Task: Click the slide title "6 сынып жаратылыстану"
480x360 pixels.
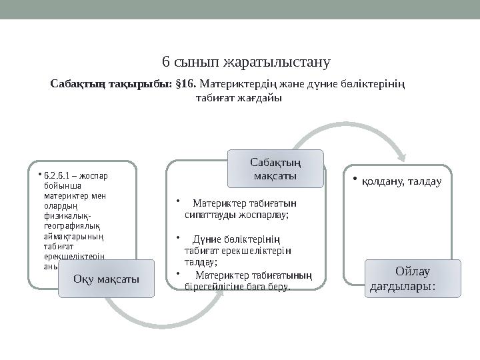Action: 247,63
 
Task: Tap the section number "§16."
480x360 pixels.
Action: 185,85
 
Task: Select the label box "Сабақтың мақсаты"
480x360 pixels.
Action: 276,169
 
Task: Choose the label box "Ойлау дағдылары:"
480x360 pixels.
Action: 412,279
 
